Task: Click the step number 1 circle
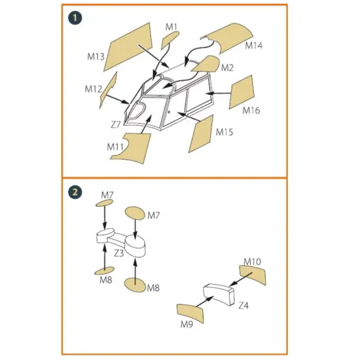(75, 18)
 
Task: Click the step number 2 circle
(75, 192)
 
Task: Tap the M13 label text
(96, 56)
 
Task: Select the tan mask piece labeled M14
(227, 37)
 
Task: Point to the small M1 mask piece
(170, 39)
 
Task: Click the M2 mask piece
(206, 64)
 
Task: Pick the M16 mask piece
(242, 92)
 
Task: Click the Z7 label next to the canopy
(115, 125)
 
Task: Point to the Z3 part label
(118, 253)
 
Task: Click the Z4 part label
(243, 306)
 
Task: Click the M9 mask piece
(190, 313)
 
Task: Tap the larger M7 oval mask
(135, 213)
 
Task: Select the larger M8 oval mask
(135, 285)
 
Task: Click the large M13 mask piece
(128, 47)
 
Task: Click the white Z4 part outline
(219, 295)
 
